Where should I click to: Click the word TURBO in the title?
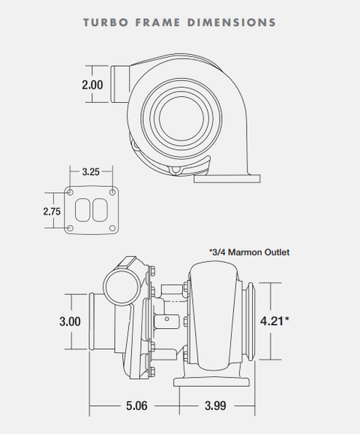click(106, 23)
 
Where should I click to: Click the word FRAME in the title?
click(157, 23)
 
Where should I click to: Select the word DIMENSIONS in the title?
click(232, 23)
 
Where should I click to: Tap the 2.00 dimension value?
click(92, 85)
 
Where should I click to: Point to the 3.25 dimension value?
click(91, 172)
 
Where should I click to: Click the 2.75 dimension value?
click(52, 212)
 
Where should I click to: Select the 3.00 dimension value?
click(70, 321)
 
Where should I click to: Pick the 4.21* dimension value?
click(274, 321)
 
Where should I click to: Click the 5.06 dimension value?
click(136, 405)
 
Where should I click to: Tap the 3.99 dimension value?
click(215, 405)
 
